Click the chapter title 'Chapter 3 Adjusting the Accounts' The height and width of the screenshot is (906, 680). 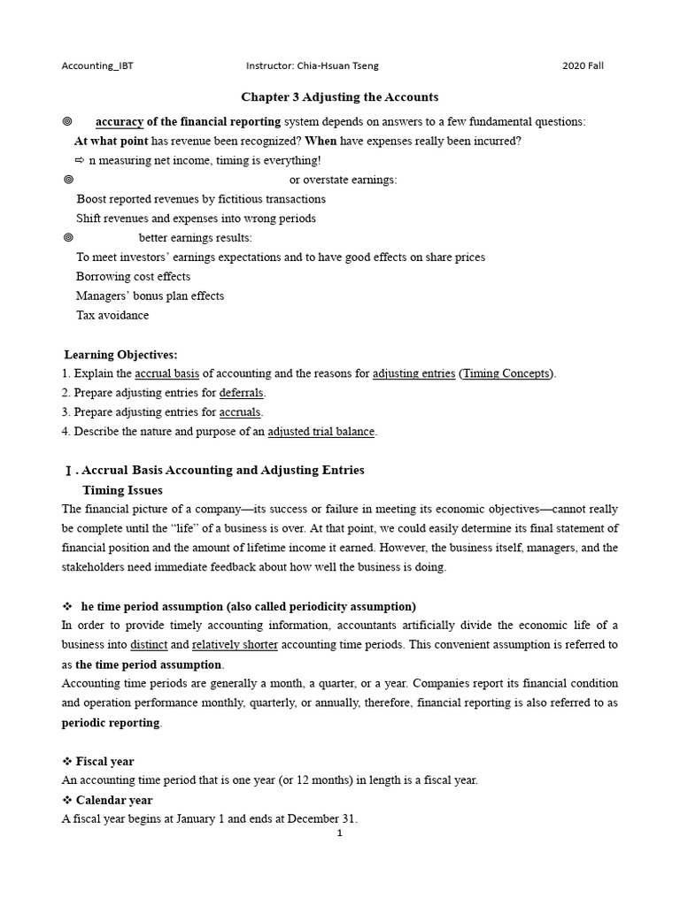pyautogui.click(x=341, y=96)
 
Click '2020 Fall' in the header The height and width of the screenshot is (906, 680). pyautogui.click(x=583, y=65)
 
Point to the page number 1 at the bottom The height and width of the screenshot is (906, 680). pyautogui.click(x=339, y=833)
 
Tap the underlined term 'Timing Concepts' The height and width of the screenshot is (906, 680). pyautogui.click(x=506, y=373)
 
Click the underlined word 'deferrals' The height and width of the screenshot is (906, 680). pyautogui.click(x=242, y=393)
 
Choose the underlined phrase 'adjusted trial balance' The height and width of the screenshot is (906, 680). pyautogui.click(x=321, y=432)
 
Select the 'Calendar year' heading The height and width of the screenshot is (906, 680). pyautogui.click(x=114, y=800)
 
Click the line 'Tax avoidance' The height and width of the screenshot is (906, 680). pyautogui.click(x=112, y=315)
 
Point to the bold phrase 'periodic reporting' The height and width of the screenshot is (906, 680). pyautogui.click(x=111, y=722)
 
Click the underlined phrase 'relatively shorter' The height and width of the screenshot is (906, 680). pyautogui.click(x=235, y=645)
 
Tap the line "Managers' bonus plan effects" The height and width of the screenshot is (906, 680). pyautogui.click(x=150, y=296)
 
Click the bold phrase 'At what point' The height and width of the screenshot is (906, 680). pyautogui.click(x=111, y=141)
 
